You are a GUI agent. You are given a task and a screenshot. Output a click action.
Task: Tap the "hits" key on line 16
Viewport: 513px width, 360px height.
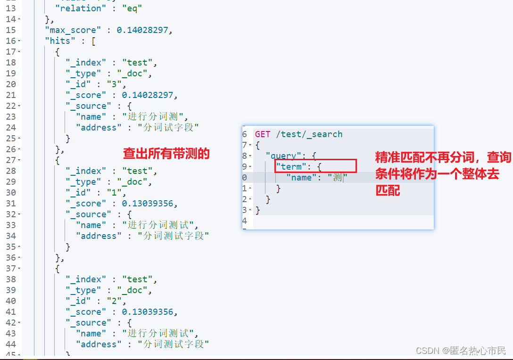click(x=58, y=41)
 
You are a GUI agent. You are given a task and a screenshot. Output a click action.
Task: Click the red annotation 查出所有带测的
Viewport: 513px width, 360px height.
click(x=166, y=154)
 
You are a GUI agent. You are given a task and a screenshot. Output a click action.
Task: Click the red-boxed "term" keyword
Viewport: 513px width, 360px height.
click(x=291, y=167)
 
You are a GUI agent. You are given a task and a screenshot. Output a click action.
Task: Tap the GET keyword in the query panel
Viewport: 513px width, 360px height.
click(x=263, y=134)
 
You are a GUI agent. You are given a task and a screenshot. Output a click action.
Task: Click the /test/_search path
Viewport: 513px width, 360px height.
click(x=309, y=134)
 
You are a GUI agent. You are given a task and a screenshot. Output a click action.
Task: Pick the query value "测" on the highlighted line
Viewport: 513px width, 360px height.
click(x=337, y=178)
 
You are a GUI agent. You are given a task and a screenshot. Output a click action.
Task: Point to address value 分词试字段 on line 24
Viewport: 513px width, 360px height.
click(x=168, y=128)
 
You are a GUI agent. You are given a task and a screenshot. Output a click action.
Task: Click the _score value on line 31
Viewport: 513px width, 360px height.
click(x=149, y=204)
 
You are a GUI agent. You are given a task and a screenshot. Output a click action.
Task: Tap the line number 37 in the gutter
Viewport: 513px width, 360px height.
click(x=10, y=269)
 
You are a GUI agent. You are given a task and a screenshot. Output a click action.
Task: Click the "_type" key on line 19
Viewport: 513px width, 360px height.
click(x=83, y=74)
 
